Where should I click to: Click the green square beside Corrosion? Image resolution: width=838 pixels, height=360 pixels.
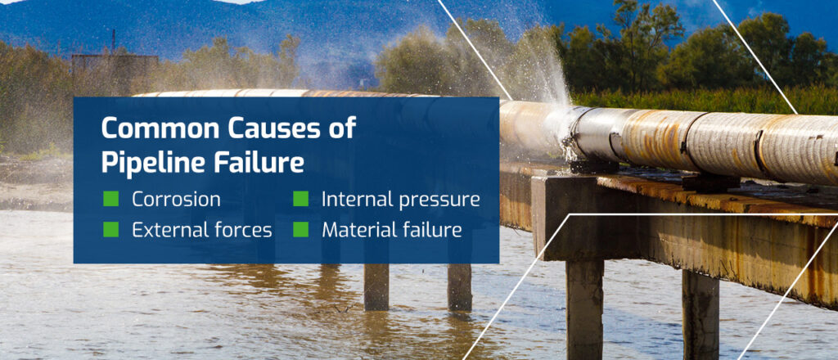tap(110, 199)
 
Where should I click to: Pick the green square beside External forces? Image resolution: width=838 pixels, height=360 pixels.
tap(110, 230)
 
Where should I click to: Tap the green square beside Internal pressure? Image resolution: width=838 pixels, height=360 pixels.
tap(301, 199)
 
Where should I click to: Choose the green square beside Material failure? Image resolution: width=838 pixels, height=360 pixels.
tap(301, 230)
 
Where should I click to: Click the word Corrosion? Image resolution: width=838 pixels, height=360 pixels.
tap(177, 200)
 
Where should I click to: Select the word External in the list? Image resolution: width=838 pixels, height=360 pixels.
tap(165, 230)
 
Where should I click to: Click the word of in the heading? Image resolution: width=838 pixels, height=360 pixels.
tap(343, 128)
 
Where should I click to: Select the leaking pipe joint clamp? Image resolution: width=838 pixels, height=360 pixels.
tap(576, 133)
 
